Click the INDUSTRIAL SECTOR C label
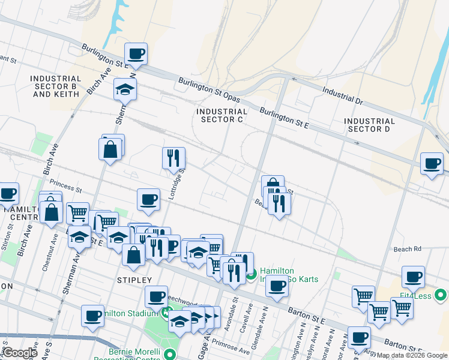pos(221,115)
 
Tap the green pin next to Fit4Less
pos(441,295)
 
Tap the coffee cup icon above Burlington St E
pos(136,53)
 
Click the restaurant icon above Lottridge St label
pos(173,158)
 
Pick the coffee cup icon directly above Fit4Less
pos(413,277)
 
